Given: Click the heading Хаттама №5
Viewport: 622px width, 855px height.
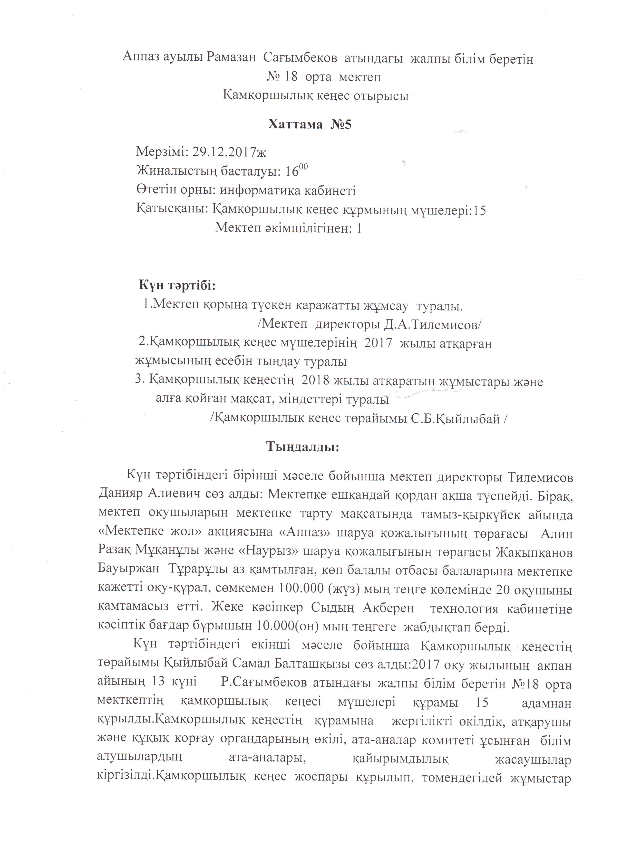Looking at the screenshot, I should point(309,124).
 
